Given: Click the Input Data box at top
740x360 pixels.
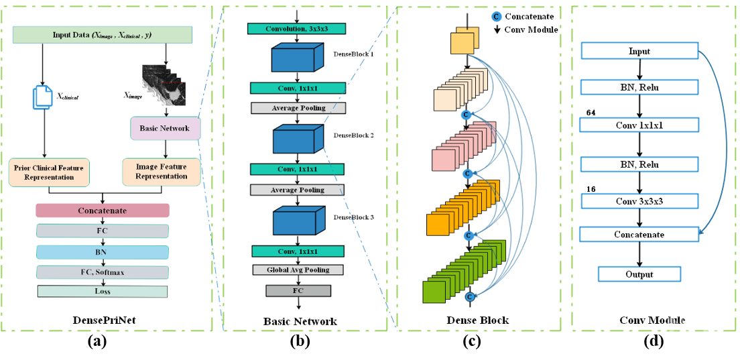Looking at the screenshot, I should coord(103,35).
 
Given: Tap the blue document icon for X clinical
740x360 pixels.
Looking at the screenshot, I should coord(42,97).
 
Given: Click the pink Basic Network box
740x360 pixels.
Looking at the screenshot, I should coord(165,128).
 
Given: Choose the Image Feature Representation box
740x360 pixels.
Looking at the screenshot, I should coord(161,172).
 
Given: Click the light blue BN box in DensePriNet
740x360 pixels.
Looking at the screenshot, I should coord(103,252).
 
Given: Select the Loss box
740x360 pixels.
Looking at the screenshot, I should coord(103,292).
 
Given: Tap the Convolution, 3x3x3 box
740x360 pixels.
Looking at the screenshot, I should coord(297,28).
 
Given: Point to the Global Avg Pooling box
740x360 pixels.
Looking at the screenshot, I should coord(298,269).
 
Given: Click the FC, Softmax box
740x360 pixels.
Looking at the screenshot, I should coord(103,272).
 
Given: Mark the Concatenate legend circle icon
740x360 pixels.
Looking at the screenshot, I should coord(497,16).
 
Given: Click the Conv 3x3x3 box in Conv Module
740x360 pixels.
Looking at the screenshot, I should coord(639,201).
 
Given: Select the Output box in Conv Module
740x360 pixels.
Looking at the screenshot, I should coord(639,274).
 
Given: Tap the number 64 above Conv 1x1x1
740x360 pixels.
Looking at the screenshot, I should coord(591,113).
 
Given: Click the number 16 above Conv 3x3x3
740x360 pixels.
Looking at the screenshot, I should coord(591,190).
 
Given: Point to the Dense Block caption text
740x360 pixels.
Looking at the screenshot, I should coord(477,320).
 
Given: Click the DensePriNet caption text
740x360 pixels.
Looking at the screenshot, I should coord(103,320).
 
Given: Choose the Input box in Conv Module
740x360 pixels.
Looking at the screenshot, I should coord(639,51).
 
